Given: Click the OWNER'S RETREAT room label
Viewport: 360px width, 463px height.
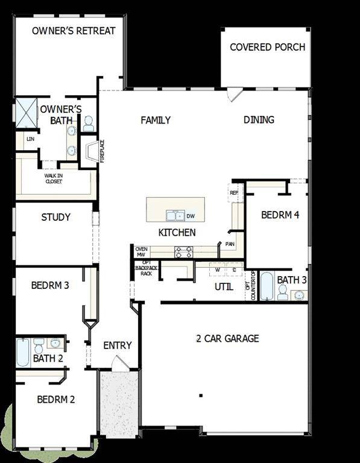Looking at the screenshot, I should pos(74,31).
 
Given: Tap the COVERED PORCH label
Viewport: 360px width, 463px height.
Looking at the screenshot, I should pos(267,47).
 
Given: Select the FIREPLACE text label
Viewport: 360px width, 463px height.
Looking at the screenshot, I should pos(102,151).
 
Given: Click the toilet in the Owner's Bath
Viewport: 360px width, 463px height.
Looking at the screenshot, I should pos(88,124).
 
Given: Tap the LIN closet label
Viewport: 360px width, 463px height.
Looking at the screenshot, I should pos(30,139).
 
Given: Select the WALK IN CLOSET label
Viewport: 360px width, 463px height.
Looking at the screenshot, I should pos(53,178).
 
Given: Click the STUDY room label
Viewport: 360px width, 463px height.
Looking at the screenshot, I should pos(55,217).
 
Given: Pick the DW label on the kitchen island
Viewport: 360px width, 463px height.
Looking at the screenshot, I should pos(191,215).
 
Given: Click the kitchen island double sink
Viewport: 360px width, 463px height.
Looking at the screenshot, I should pos(175,215).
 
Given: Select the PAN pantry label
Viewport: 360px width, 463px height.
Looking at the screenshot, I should pos(230,244).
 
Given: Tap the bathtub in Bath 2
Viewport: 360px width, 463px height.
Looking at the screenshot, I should pos(23,352).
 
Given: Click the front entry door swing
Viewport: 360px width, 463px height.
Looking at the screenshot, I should pos(119,363).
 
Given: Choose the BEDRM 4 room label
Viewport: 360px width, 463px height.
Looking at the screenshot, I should pos(280,215).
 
